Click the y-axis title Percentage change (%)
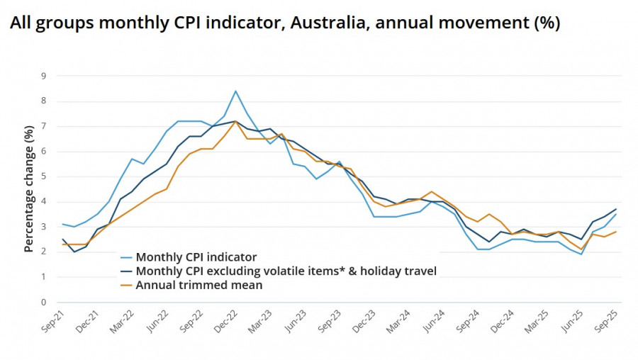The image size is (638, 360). (29, 189)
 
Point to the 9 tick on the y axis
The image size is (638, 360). (43, 76)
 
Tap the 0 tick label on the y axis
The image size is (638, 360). (43, 302)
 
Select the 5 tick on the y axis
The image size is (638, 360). (43, 176)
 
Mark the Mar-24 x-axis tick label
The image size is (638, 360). (398, 327)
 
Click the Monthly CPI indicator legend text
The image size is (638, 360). (196, 257)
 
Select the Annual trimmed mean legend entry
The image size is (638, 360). (199, 285)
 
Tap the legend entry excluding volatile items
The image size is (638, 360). (285, 271)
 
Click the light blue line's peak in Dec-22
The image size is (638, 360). (235, 91)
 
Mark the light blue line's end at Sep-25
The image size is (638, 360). (616, 214)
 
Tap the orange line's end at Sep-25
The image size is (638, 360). (616, 232)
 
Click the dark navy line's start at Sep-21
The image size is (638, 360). (62, 240)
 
